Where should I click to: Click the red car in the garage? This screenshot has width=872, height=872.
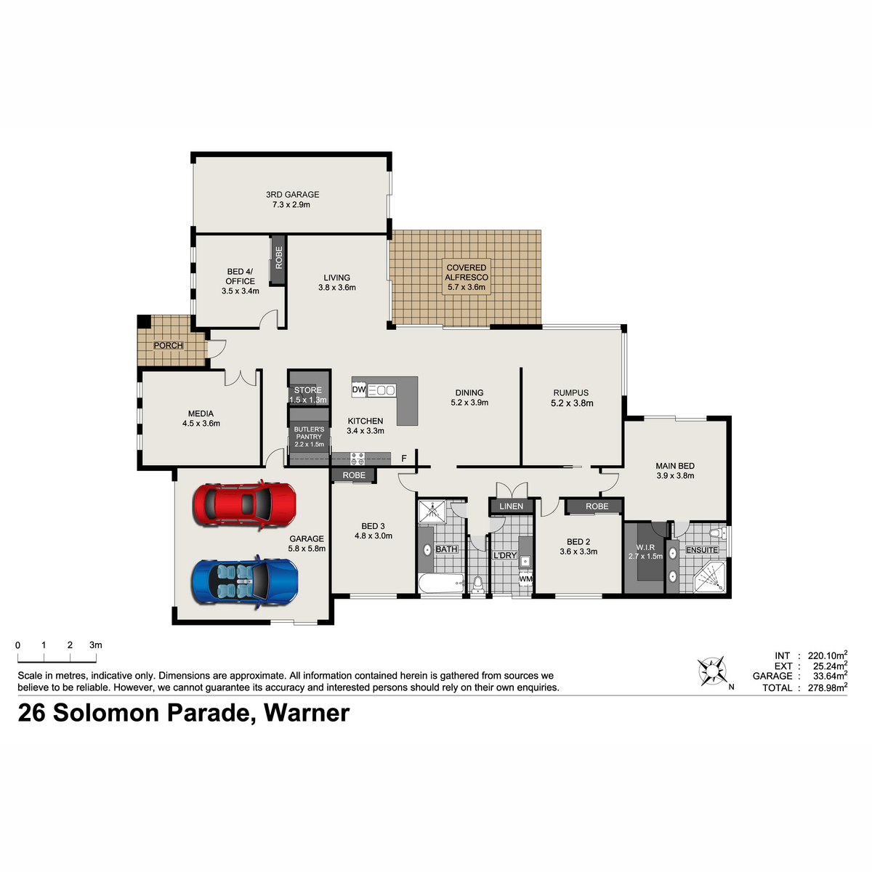pos(245,504)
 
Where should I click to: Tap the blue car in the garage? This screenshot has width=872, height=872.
pos(245,581)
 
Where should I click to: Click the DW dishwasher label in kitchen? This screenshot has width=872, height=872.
pos(359,389)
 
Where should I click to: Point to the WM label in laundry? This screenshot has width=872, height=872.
pos(525,578)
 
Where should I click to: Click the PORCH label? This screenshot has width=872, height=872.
pos(169,346)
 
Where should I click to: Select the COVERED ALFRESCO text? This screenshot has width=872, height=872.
pos(467,272)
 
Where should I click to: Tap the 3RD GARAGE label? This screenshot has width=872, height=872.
pos(292,195)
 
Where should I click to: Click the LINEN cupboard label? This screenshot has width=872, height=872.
pos(512,506)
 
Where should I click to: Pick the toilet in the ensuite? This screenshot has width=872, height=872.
pos(716,533)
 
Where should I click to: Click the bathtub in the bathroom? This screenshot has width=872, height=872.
pos(441,584)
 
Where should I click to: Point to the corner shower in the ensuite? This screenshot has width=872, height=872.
pos(709,577)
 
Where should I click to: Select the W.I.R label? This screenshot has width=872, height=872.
pos(645,548)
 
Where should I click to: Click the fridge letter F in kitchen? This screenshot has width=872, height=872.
pos(404,459)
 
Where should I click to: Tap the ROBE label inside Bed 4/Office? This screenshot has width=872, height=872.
pos(279,257)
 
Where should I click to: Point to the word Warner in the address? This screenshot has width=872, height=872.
pos(307,714)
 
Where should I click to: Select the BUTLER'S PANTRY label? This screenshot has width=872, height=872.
pos(309,433)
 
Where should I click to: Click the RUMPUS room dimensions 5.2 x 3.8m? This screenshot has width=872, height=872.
pos(572,403)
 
